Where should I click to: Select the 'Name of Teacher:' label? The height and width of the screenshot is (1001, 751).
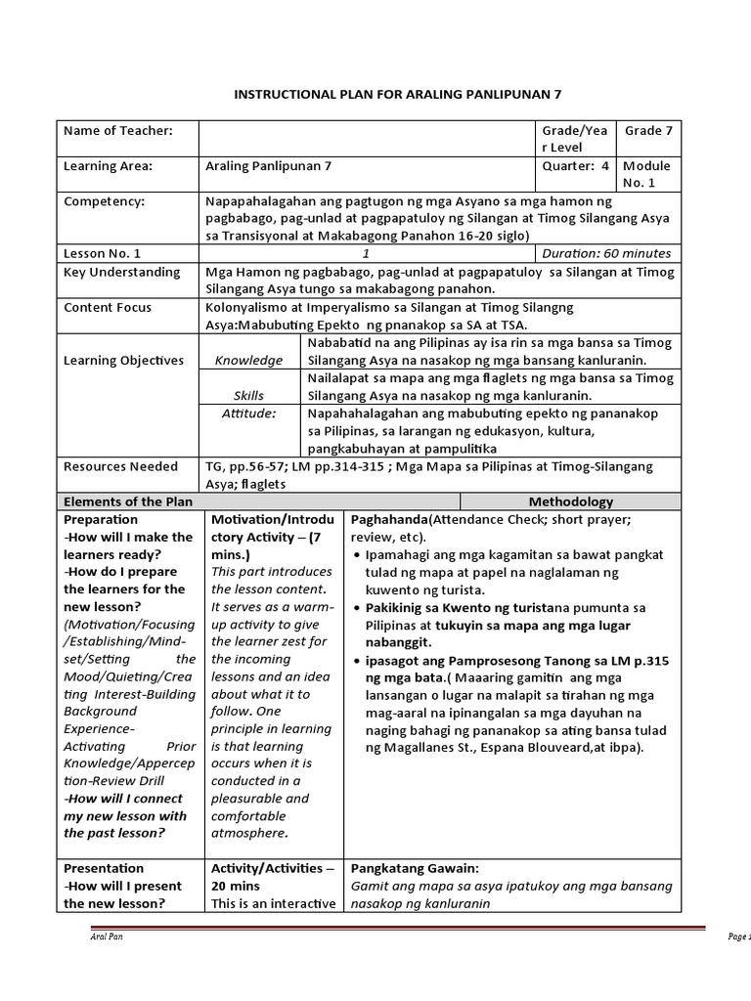(118, 131)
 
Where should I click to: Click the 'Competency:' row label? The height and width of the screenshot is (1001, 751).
(104, 201)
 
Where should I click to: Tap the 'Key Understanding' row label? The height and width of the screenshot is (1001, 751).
(122, 273)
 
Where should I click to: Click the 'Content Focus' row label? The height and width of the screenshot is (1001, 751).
(108, 308)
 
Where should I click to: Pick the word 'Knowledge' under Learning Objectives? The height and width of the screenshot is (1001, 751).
(249, 361)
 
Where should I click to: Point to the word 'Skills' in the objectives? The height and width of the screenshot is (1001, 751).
(249, 396)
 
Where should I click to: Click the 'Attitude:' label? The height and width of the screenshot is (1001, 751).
(249, 413)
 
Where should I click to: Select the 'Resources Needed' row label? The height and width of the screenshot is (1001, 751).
(121, 467)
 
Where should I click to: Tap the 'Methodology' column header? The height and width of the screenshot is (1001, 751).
(571, 501)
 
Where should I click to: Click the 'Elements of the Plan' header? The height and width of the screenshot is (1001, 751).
(128, 501)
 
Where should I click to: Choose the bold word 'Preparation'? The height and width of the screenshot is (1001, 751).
(101, 520)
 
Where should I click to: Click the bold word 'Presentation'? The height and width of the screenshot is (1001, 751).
(104, 868)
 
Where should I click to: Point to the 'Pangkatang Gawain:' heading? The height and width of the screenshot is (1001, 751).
(415, 868)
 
